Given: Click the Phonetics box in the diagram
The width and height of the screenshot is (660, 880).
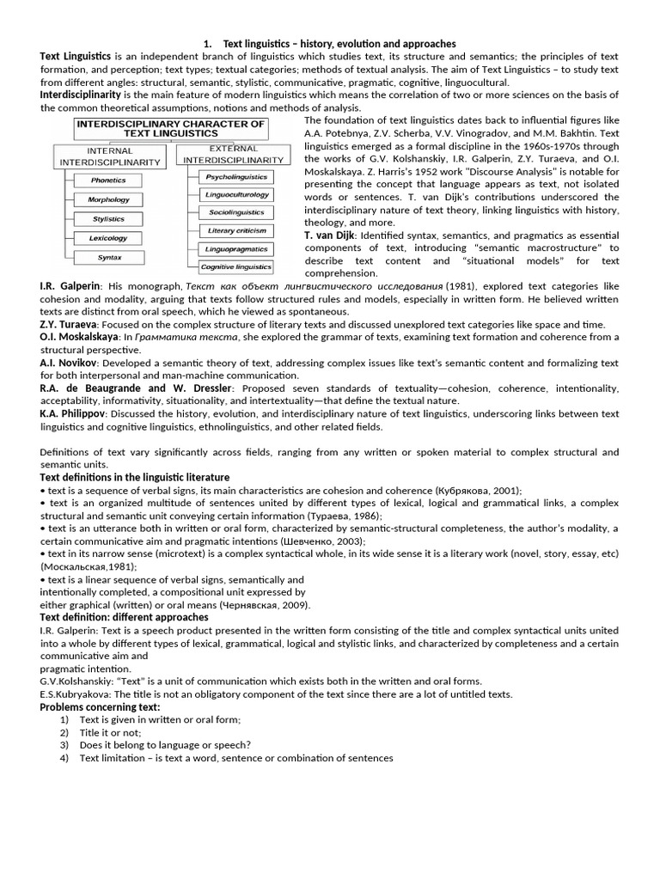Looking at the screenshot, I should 107,180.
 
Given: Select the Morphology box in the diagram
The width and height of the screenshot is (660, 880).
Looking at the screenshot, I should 108,199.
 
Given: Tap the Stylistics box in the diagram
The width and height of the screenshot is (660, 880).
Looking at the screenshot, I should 108,219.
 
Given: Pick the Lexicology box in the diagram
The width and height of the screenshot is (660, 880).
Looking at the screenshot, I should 108,238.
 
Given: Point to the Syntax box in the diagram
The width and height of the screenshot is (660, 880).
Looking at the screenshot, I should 109,257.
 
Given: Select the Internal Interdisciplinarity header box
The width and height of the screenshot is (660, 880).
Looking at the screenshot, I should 111,156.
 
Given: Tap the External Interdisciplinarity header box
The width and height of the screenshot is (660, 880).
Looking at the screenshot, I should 233,155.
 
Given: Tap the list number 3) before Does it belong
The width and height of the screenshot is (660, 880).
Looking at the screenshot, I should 64,745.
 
